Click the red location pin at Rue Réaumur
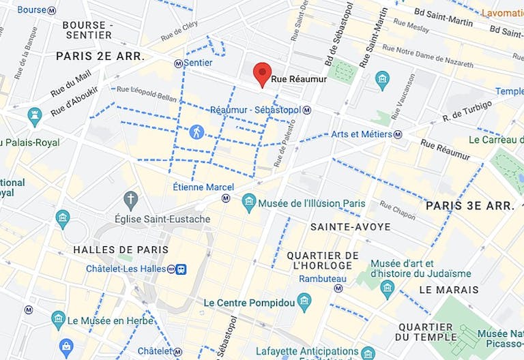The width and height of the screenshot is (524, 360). pos(262,74)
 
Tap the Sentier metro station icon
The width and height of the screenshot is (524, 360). pos(179,63)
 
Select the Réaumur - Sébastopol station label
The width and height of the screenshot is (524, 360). pos(255,110)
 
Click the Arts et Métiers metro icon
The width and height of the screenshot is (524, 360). pos(398,134)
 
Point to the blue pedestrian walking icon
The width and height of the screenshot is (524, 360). pos(196,132)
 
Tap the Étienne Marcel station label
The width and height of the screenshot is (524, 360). pos(203,187)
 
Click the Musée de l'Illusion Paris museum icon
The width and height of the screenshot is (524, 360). pos(249,202)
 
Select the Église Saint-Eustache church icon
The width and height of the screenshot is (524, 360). pos(131,200)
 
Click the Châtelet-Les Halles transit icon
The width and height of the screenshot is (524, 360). pos(181,269)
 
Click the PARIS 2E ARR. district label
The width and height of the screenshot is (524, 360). pos(100,56)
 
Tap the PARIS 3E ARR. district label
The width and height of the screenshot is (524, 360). pos(468,205)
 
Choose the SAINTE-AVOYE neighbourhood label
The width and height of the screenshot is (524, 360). pos(350,226)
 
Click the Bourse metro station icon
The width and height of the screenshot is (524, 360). pos(53,10)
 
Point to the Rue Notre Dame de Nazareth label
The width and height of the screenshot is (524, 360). pos(428,57)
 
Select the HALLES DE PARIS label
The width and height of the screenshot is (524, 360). pos(115,250)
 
